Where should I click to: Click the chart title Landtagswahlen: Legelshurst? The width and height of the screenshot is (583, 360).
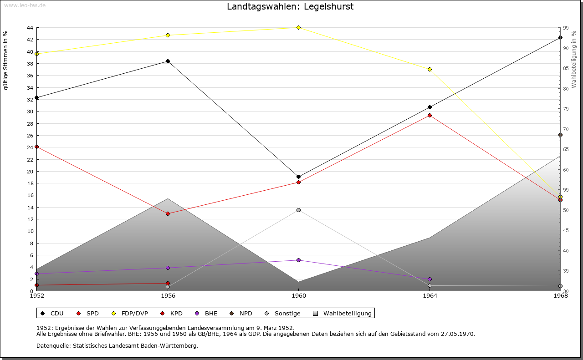click(290, 7)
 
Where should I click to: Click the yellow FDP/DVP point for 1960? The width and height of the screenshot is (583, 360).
click(298, 27)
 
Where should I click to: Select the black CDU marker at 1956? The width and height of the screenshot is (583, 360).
click(168, 61)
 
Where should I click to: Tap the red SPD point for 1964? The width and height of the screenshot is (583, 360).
click(430, 115)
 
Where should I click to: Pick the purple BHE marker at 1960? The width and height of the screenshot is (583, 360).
click(298, 260)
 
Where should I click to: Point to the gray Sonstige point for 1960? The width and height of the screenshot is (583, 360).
click(298, 210)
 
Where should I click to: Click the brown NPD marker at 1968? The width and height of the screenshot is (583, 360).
click(560, 135)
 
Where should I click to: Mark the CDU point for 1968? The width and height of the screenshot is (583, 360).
click(560, 37)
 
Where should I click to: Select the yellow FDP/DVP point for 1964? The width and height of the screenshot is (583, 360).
click(430, 69)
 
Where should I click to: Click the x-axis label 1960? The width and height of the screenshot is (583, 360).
click(298, 296)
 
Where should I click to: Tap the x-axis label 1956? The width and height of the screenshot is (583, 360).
click(168, 296)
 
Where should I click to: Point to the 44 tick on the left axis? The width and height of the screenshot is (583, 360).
click(30, 28)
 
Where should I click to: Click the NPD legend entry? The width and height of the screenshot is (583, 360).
click(245, 313)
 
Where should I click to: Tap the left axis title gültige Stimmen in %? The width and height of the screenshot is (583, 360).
click(6, 60)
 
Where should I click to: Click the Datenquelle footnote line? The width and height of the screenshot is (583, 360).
click(117, 345)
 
